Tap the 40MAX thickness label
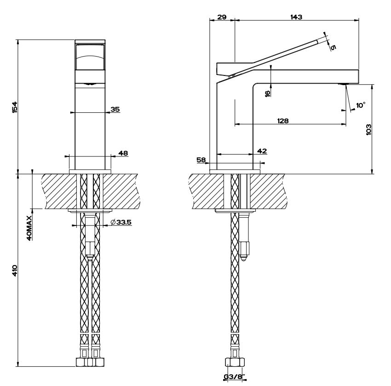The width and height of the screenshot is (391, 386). (29, 228)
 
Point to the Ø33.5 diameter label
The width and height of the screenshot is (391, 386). (121, 222)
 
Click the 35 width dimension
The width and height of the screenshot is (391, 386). (115, 109)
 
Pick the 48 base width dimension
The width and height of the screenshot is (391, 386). (123, 153)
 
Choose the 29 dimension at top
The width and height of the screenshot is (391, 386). (222, 17)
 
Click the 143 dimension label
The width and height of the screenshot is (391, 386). (296, 17)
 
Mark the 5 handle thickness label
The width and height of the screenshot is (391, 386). (333, 47)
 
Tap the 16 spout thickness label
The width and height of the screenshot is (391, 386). (267, 93)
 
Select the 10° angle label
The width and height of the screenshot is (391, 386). (361, 105)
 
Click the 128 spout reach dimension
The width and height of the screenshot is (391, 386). (283, 121)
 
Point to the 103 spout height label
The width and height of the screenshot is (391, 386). (368, 130)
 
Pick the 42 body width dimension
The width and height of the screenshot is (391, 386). (262, 151)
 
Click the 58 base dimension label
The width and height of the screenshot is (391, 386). (201, 160)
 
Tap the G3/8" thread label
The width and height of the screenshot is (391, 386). (234, 376)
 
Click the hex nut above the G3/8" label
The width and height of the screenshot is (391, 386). (235, 362)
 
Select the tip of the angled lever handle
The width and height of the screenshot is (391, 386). (317, 41)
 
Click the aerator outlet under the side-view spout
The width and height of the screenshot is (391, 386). (342, 84)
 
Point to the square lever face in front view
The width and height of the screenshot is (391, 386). (90, 57)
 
